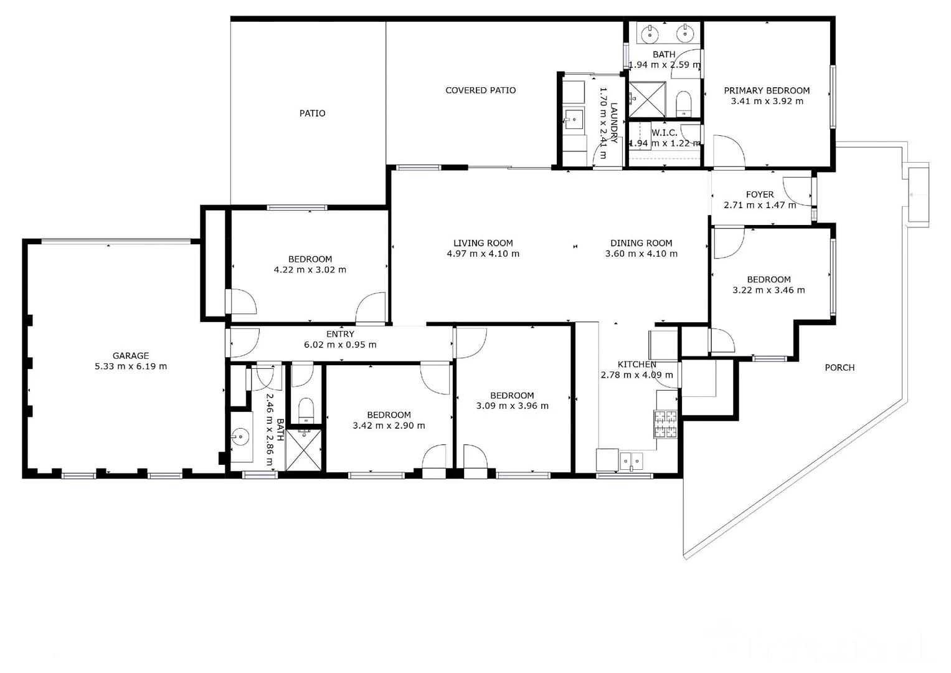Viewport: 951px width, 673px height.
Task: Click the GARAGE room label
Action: [x=131, y=356]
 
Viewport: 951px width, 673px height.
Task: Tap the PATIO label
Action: [x=312, y=113]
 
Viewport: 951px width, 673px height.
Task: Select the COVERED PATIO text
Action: [x=480, y=90]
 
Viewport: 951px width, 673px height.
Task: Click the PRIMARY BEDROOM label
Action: [x=767, y=90]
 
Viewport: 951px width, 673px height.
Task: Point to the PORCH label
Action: [x=840, y=368]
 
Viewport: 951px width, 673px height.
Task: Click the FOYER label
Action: [x=760, y=194]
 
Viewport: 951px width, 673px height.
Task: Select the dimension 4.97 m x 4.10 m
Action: [x=483, y=254]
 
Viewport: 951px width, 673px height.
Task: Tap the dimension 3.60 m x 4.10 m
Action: [x=641, y=254]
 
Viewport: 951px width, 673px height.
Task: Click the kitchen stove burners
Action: [x=665, y=424]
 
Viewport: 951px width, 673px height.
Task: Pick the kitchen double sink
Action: [x=632, y=461]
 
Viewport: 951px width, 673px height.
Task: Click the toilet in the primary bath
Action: [x=684, y=103]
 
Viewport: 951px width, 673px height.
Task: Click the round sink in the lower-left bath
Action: [x=241, y=437]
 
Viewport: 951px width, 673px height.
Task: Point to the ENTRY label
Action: [x=340, y=335]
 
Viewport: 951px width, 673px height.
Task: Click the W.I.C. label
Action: [x=665, y=133]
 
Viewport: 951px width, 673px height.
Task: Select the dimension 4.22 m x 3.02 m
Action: [x=310, y=270]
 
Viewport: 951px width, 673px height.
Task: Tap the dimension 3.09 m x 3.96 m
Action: [x=512, y=406]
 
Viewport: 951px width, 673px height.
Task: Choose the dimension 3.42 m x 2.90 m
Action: [x=389, y=426]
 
